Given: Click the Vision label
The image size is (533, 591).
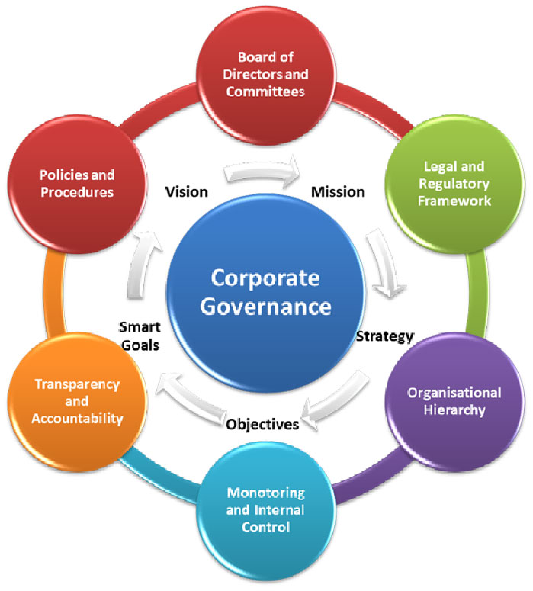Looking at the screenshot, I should tap(188, 191).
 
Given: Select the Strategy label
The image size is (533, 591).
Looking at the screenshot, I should tap(385, 335).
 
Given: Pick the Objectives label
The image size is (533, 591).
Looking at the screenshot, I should tap(262, 424).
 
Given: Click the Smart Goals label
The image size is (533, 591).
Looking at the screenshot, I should tap(138, 335).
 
